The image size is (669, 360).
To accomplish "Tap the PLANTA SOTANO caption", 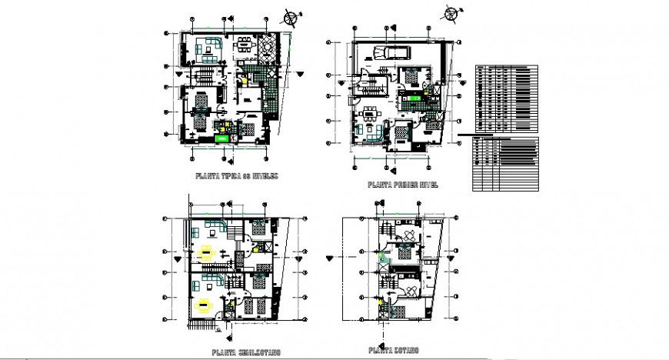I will click(393, 351).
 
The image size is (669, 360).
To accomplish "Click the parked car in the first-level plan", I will click(391, 52).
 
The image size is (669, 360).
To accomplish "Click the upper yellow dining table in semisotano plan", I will click(206, 251).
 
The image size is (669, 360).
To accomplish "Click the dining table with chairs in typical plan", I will click(245, 46).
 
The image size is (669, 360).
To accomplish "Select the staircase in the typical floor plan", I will click(205, 75).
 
